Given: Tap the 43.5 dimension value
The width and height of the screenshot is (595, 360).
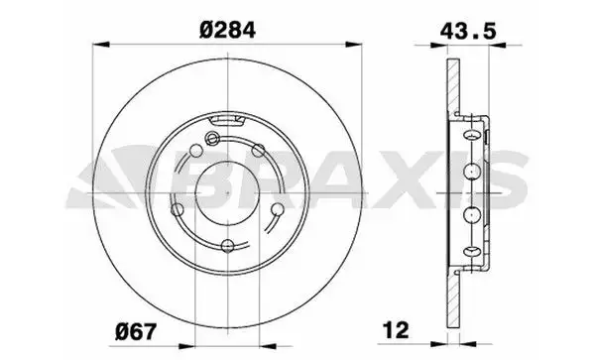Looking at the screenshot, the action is pos(468,31).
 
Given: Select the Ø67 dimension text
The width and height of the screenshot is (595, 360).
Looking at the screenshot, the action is pos(136,332).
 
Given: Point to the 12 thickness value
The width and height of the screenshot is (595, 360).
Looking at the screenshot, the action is pos(396,330).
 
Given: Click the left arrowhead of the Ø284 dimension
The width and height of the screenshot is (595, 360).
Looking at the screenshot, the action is pos(101,45).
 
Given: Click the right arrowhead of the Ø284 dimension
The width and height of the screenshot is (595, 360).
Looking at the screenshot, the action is pos(354,45).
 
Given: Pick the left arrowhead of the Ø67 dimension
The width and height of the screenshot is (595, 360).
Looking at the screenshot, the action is pos(186,346).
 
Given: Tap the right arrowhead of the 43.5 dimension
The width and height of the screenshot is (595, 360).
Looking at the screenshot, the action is pos(498,46).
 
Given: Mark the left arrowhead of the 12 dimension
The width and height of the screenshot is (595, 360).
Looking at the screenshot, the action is pos(439,344).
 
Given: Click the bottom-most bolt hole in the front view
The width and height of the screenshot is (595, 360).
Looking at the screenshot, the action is pos(227,245).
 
